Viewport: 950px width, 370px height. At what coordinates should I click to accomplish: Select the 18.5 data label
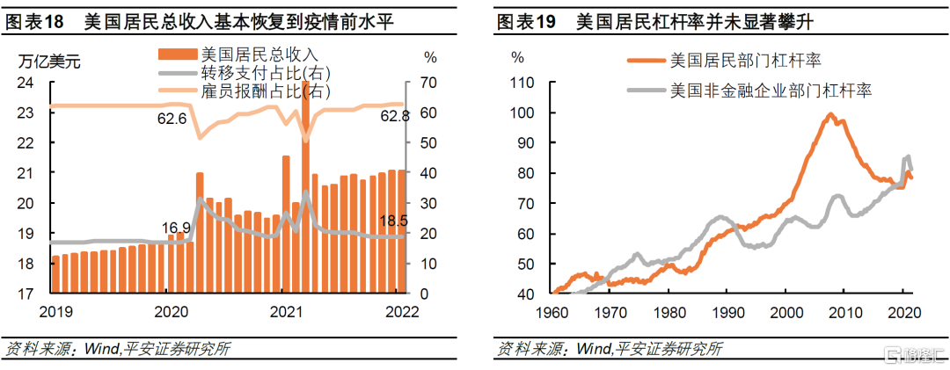(x=392, y=220)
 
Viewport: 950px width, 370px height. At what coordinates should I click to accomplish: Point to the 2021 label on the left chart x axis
(x=286, y=311)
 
